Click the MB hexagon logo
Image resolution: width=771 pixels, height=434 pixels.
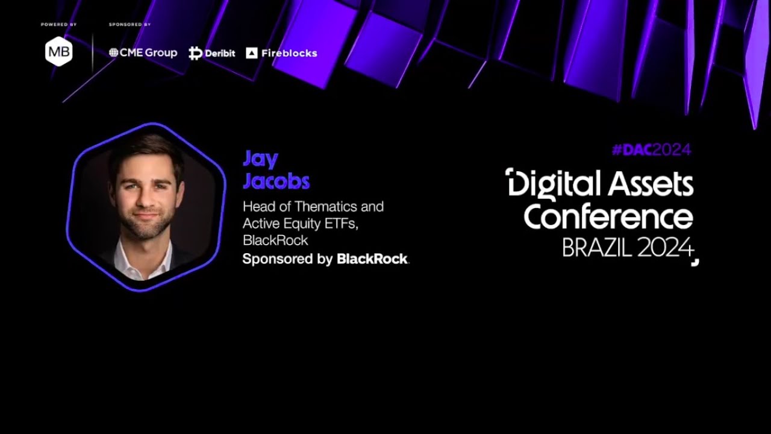(59, 52)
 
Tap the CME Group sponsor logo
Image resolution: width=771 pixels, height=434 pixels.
(143, 53)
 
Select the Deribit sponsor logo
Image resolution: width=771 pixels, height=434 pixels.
(212, 53)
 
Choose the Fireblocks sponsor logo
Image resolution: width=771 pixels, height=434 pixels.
(281, 53)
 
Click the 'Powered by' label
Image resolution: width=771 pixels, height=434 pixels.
(58, 25)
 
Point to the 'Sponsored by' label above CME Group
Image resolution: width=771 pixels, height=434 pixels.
(130, 25)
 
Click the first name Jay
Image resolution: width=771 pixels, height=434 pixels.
(260, 160)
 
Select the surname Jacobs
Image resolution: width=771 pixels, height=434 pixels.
(276, 181)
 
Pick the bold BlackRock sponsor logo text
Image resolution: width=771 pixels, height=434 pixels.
(372, 259)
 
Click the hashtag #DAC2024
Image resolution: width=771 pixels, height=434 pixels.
(651, 150)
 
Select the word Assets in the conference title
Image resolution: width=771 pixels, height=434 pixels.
(651, 184)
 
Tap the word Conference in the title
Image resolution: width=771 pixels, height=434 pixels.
(608, 217)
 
